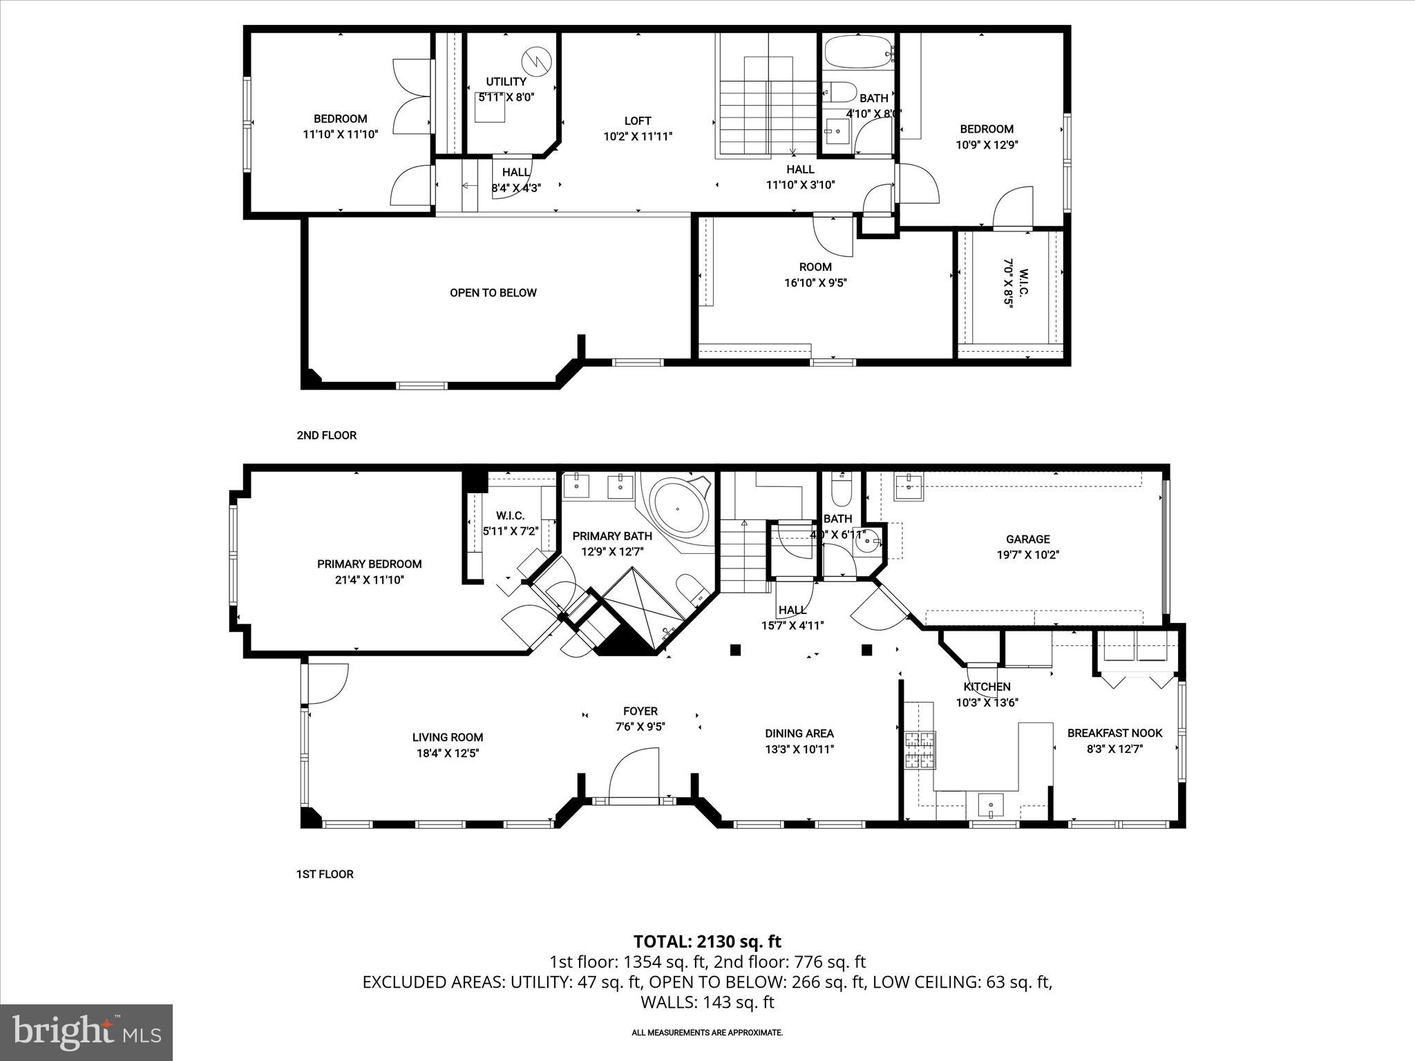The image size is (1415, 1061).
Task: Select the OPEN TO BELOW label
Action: [x=493, y=293]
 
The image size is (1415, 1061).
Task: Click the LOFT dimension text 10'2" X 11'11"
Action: [x=637, y=137]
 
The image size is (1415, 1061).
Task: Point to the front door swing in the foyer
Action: [x=632, y=776]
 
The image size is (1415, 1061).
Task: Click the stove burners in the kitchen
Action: [x=920, y=750]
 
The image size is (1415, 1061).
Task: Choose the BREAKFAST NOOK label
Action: [x=1114, y=733]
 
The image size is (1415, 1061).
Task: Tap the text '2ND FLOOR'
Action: [x=326, y=435]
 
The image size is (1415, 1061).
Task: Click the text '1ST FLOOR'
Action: [x=325, y=874]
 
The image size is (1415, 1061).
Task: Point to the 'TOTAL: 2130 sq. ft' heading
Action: [x=707, y=941]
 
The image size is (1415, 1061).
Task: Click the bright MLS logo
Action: [x=86, y=1031]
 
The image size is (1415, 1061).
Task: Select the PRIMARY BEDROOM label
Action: [x=369, y=564]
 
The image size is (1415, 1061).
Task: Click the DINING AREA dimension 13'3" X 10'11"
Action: [x=799, y=749]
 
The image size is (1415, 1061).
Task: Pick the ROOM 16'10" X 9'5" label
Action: [x=815, y=274]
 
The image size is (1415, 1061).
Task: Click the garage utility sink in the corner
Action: [x=909, y=486]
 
